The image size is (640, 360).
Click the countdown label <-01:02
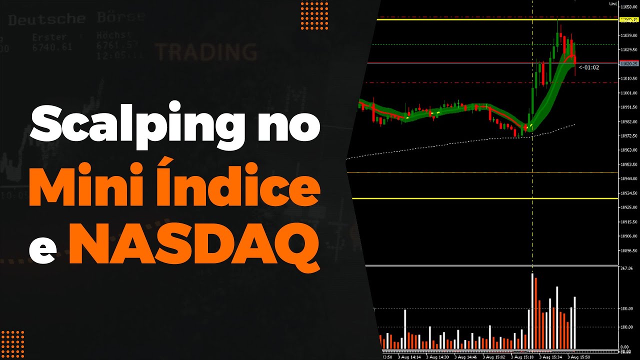coord(588,67)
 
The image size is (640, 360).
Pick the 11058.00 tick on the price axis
coord(628,7)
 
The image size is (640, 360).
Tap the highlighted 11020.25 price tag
coord(628,64)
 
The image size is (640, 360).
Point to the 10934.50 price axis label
coord(628,193)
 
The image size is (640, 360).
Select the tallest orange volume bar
coord(536,313)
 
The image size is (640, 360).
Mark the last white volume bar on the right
coord(575,322)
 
